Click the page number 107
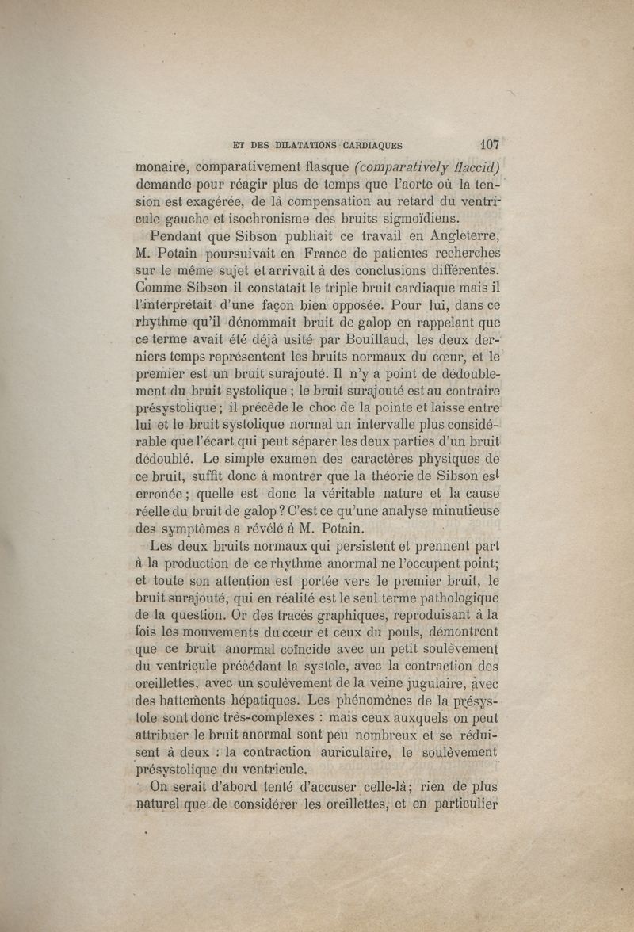(488, 145)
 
